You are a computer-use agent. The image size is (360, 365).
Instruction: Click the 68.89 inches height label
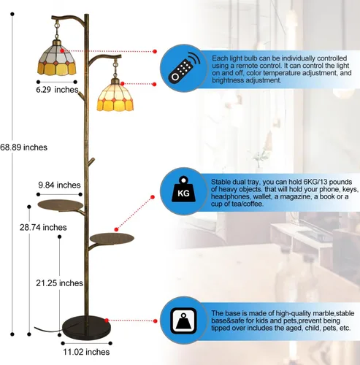click(23, 147)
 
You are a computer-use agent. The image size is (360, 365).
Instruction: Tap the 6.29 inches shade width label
click(57, 90)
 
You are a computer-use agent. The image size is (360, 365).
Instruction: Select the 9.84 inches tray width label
click(59, 185)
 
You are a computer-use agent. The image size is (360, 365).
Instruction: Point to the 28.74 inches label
click(43, 228)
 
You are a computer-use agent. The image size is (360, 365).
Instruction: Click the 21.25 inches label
click(60, 283)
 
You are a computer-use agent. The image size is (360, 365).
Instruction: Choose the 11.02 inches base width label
click(86, 352)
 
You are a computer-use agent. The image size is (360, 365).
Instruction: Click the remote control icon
click(184, 68)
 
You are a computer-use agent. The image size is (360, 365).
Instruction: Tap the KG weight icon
click(184, 189)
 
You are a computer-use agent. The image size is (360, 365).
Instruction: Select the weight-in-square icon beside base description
click(183, 321)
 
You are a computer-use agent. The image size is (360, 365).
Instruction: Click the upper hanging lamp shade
click(57, 58)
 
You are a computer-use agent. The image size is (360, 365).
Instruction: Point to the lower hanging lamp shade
click(115, 96)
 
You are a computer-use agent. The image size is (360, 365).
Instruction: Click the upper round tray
click(61, 205)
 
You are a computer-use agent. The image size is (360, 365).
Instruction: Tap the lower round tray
click(112, 238)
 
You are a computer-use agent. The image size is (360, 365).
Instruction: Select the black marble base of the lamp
click(86, 327)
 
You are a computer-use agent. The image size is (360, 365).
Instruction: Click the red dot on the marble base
click(107, 320)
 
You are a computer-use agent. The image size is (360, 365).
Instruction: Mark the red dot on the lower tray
click(116, 229)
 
